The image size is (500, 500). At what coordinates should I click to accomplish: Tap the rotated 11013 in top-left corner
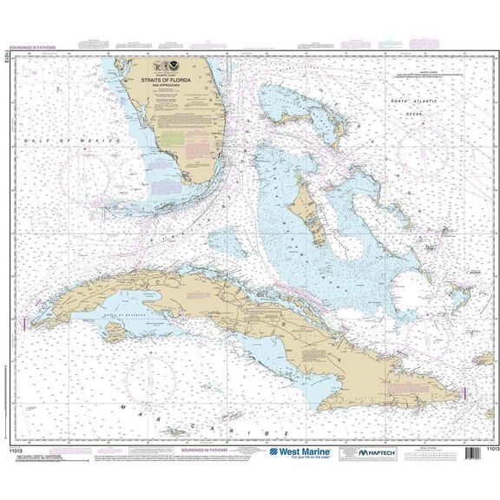coord(7,59)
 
